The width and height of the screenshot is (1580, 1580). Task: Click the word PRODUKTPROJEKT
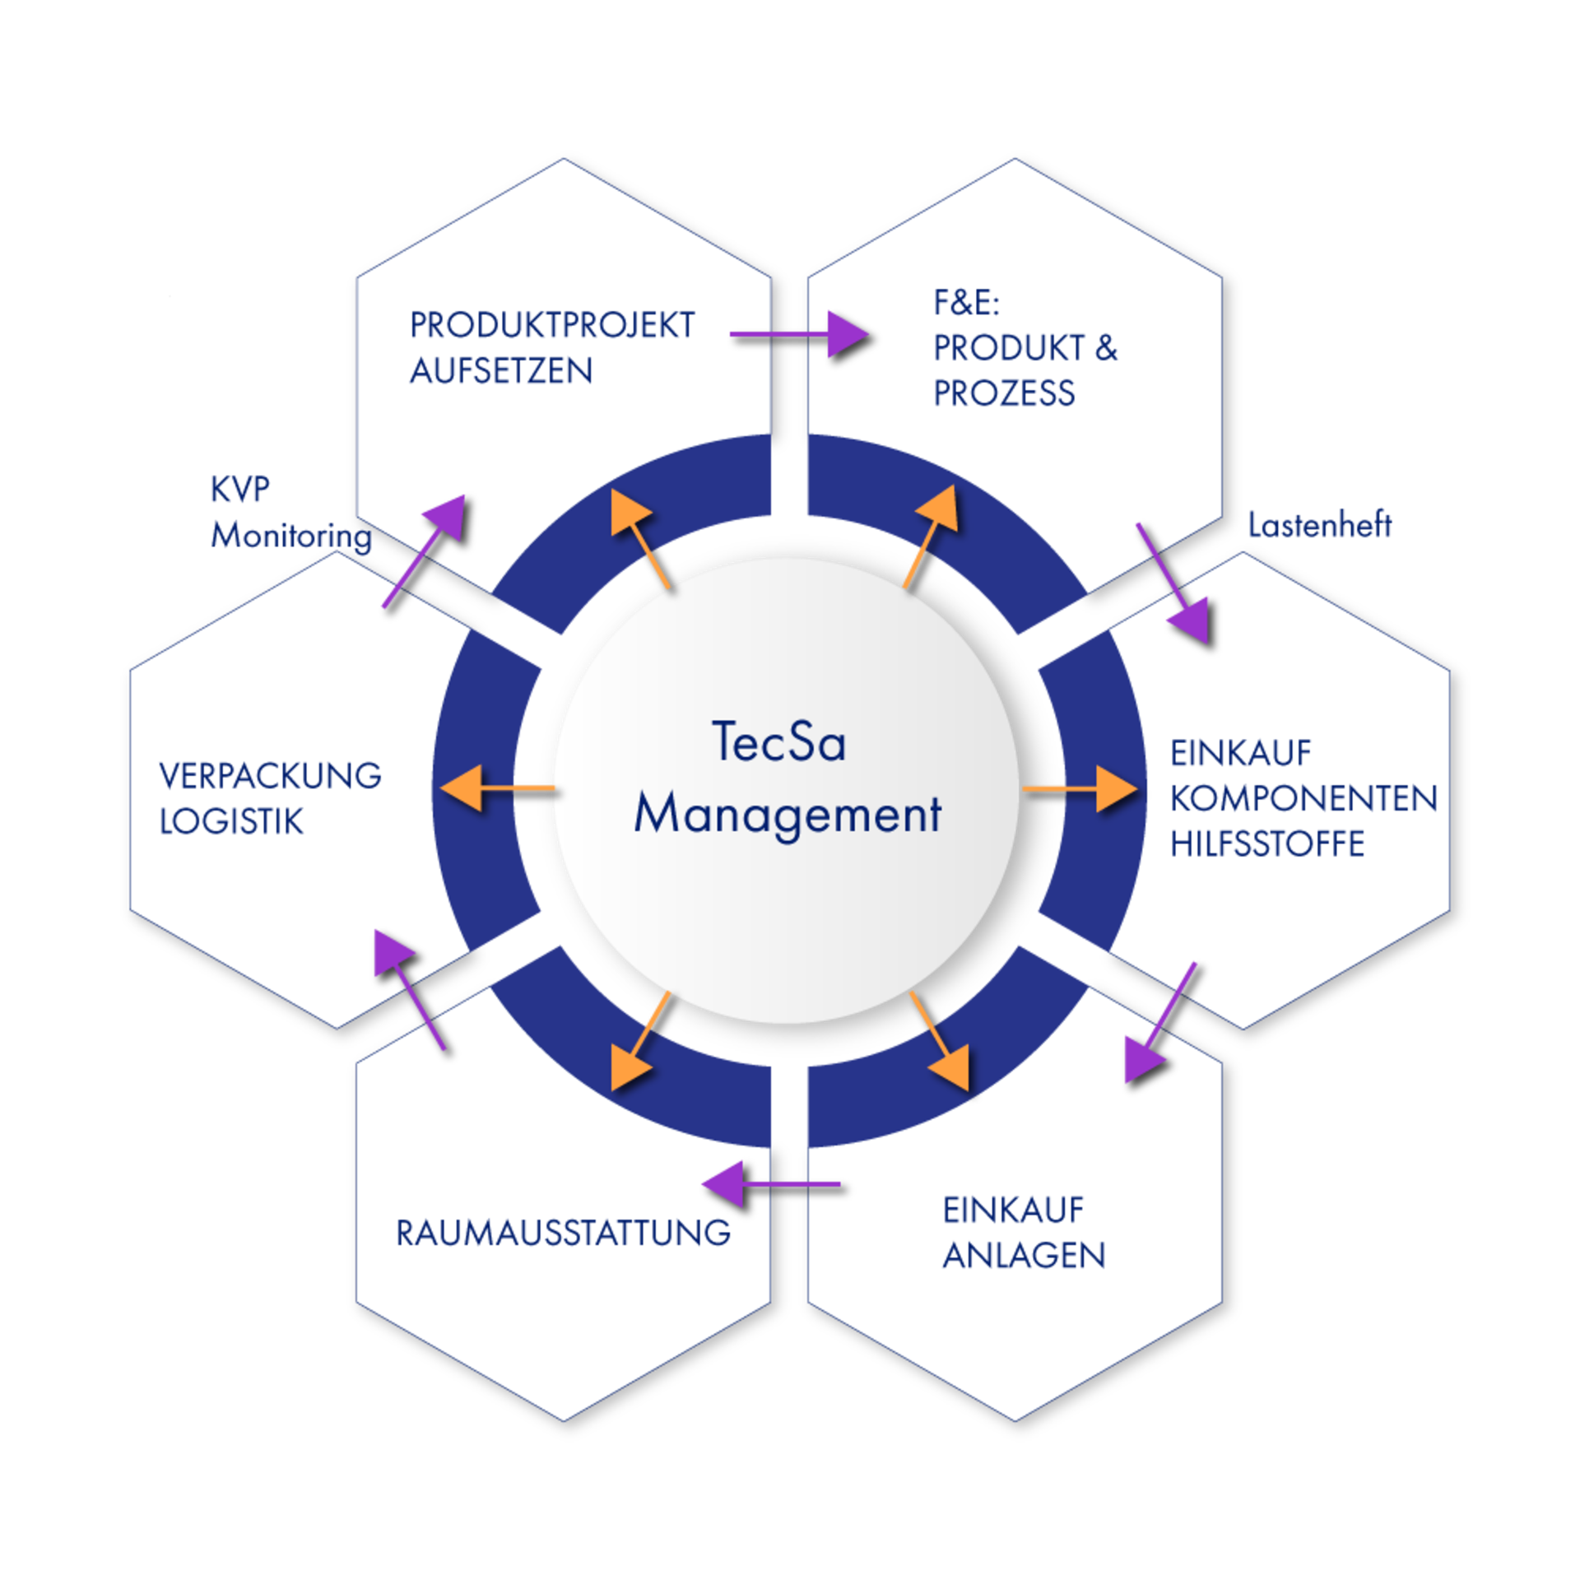tap(552, 326)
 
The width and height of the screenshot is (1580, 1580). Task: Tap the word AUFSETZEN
tap(501, 371)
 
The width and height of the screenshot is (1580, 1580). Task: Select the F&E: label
tap(966, 304)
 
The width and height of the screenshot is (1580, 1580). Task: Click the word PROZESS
tap(1004, 393)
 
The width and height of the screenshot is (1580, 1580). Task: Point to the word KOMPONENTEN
tap(1303, 798)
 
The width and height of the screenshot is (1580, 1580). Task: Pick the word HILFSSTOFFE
tap(1267, 844)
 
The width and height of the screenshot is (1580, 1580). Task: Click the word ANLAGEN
tap(1024, 1256)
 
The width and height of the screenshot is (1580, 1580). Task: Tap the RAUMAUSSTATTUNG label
tap(564, 1233)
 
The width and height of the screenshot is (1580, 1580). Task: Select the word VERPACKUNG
tap(270, 776)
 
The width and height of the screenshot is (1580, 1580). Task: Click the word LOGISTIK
tap(231, 821)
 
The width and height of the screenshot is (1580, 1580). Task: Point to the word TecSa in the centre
tap(778, 742)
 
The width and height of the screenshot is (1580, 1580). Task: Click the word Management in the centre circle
tap(788, 815)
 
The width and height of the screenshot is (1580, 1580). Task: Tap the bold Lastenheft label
tap(1319, 525)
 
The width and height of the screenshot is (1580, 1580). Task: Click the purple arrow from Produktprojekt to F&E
tap(798, 334)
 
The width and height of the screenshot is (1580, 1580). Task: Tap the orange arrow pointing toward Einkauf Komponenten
tap(1079, 788)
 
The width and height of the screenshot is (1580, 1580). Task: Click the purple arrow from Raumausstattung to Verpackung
tap(409, 988)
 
